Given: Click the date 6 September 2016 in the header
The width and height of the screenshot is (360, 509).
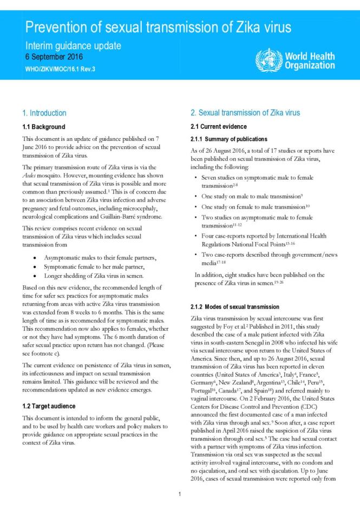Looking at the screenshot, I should (54, 57).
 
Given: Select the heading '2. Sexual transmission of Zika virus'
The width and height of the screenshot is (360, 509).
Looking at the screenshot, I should (245, 113).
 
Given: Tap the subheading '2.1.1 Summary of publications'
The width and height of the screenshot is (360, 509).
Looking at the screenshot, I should (228, 139).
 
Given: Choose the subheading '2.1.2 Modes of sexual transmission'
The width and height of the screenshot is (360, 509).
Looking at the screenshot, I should (235, 307).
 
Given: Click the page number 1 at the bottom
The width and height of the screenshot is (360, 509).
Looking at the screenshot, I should (180, 494).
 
